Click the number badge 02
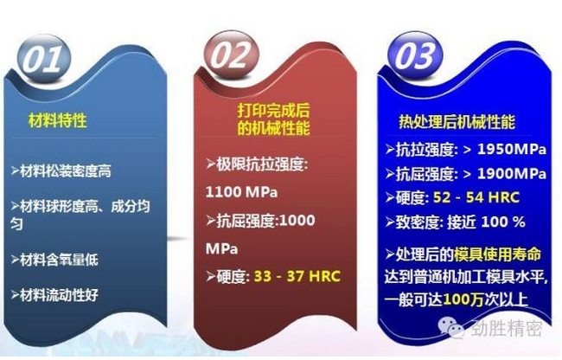231,55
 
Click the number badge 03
415,55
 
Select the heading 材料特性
58,120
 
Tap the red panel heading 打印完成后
273,111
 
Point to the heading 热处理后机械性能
457,122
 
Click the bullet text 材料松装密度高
66,171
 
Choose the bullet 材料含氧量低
59,260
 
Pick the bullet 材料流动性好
59,295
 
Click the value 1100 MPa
241,192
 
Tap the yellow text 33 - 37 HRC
297,276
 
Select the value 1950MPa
512,149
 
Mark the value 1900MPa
512,174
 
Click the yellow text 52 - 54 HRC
476,197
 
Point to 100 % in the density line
503,222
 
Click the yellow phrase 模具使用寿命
497,254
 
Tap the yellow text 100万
463,299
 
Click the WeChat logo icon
450,327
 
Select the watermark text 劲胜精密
507,328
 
